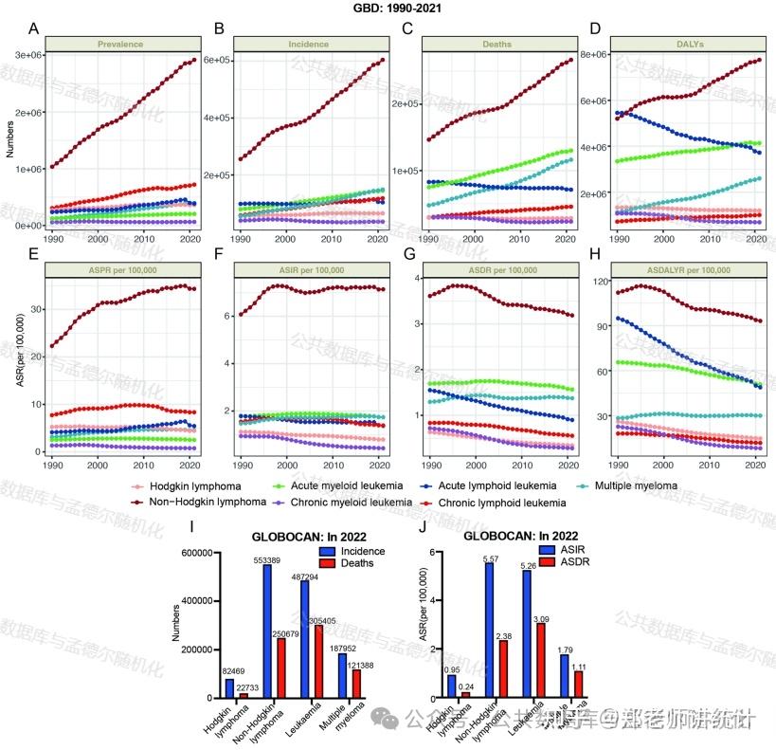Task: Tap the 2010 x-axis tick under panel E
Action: pyautogui.click(x=143, y=464)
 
